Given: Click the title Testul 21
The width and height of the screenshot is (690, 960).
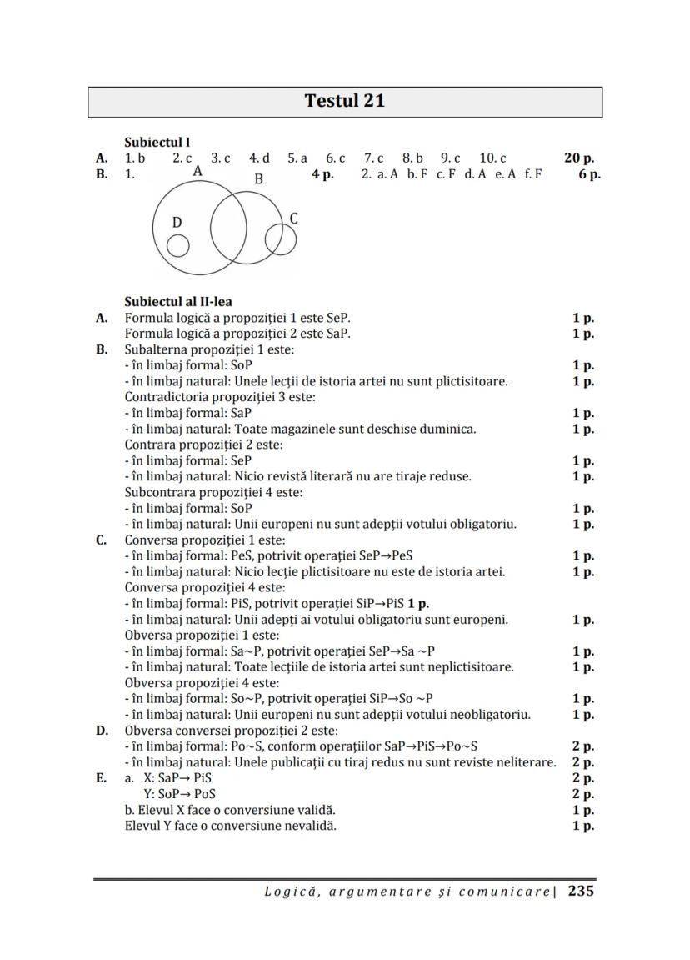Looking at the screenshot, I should [345, 101].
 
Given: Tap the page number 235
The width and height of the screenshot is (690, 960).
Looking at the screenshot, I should [581, 891].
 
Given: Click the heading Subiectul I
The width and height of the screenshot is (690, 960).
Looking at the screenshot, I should [157, 143].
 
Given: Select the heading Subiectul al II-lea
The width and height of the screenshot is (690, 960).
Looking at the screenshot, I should [178, 301].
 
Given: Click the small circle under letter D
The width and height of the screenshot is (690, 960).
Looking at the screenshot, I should [177, 246].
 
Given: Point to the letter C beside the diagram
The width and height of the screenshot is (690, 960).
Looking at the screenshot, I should [294, 219].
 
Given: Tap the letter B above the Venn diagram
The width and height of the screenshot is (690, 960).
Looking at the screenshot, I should [258, 178].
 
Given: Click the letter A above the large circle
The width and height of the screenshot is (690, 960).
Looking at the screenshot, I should [197, 171].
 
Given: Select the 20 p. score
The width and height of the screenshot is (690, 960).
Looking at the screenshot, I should [579, 158].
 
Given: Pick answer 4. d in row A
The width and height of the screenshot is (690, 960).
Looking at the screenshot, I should [259, 158].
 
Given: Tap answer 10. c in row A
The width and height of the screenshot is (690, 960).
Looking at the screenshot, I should [492, 158].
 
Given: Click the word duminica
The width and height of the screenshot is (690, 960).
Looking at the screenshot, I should [447, 429].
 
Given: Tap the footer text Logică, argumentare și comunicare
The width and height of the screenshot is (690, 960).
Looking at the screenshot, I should [408, 892].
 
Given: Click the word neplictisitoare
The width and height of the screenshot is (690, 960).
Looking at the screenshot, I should [470, 667].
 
